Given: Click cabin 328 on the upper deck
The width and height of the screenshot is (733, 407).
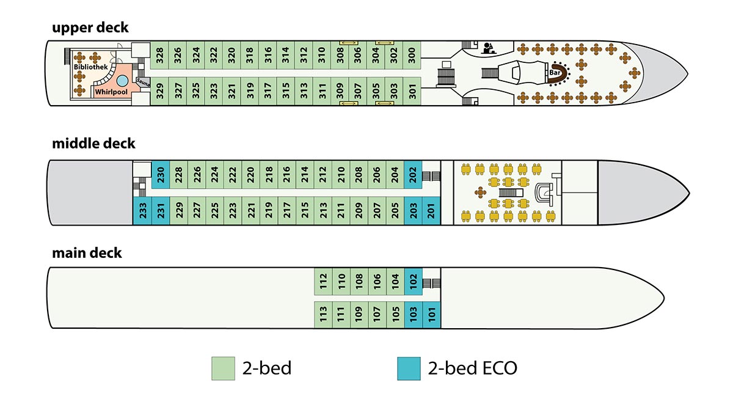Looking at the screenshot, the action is (159, 55).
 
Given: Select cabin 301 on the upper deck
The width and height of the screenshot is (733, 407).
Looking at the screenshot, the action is (412, 91).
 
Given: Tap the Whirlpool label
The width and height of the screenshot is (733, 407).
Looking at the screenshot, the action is (111, 92).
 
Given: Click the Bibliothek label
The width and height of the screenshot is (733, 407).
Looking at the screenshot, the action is (90, 67).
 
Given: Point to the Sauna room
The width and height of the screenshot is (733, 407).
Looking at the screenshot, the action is (143, 82).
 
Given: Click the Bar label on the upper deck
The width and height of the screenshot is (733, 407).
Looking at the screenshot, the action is (555, 72).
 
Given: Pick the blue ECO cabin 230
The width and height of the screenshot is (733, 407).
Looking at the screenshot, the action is (161, 175).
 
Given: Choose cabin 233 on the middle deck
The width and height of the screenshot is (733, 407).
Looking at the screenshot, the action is (142, 211).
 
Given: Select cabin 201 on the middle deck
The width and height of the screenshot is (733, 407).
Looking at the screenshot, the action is (431, 211).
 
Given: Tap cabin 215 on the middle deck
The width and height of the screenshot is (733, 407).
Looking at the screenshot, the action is (305, 211).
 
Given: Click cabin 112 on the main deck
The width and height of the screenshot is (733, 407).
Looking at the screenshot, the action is (323, 281).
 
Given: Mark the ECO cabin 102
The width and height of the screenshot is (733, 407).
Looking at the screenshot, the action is (414, 281).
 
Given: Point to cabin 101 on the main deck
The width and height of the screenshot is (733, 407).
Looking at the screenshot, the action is (432, 315).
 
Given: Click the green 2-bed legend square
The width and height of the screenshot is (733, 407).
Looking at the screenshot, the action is (223, 369).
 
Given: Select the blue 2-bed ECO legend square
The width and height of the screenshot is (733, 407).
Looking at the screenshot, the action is (409, 369).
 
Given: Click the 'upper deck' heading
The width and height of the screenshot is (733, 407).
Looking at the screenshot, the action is (90, 28).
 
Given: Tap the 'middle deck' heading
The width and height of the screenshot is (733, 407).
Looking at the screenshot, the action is (93, 144).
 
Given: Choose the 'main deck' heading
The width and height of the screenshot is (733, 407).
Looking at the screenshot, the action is (87, 253).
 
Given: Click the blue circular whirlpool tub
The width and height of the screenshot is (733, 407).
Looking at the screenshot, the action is (122, 81).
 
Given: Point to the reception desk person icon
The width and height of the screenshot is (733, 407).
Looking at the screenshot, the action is (489, 48).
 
